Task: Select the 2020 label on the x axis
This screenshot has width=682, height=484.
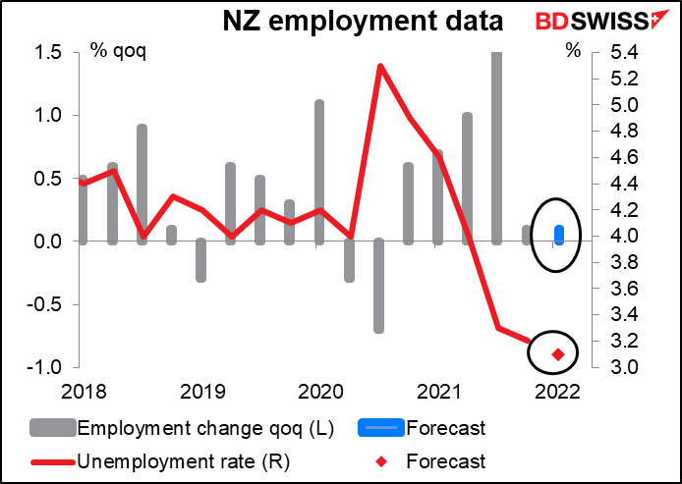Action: point(319,392)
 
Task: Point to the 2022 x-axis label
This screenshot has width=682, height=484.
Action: point(556,392)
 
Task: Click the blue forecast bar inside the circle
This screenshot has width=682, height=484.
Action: point(559,234)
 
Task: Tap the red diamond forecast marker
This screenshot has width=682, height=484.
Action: point(558,354)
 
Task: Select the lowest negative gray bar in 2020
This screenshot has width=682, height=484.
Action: point(378,285)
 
